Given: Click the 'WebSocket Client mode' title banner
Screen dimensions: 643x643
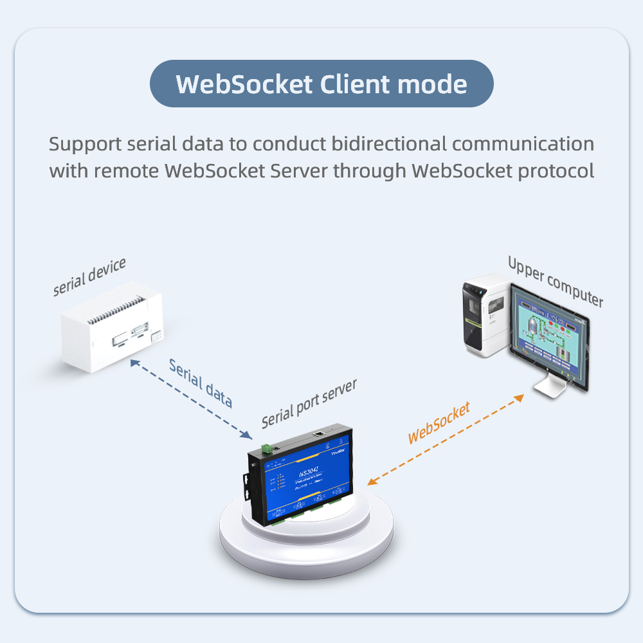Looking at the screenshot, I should [x=321, y=84].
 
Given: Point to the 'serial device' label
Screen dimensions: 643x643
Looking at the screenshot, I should [x=89, y=278].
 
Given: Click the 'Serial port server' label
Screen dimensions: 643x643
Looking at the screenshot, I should [x=309, y=404].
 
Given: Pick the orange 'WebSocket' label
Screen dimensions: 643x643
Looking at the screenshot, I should [x=439, y=422].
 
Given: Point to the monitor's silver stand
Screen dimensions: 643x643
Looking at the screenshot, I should [x=552, y=386].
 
